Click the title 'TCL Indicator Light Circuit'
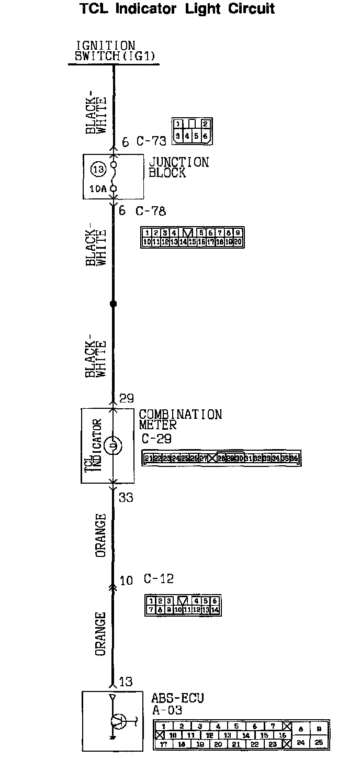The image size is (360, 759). tap(177, 9)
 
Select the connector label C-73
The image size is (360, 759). tap(151, 141)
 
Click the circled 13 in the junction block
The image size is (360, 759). tap(98, 169)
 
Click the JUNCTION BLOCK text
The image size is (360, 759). tap(178, 168)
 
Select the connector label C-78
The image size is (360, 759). tap(151, 211)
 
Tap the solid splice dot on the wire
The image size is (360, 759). tap(113, 304)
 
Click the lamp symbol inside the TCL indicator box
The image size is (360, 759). tap(113, 446)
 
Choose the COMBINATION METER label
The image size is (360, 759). tap(180, 419)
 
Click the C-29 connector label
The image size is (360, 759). tap(156, 439)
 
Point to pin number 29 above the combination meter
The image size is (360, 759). tap(127, 399)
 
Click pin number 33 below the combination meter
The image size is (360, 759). tap(126, 497)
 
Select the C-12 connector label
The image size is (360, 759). tap(159, 579)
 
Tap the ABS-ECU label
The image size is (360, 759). tap(177, 698)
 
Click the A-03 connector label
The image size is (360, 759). tap(167, 710)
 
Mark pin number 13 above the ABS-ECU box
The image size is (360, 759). tap(126, 682)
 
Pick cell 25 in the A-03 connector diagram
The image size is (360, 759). tap(319, 742)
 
